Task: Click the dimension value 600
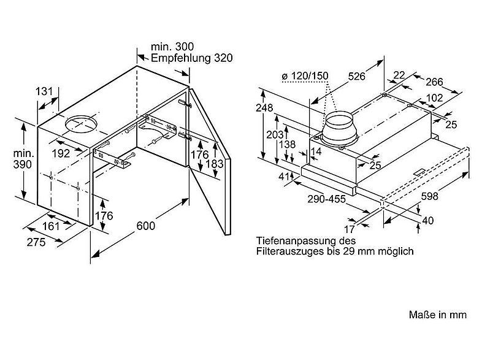(146, 226)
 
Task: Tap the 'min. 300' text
(172, 47)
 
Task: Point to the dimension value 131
(44, 91)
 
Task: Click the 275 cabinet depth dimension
(36, 242)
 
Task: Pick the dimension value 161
(51, 226)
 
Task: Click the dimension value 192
(61, 153)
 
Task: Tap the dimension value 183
(215, 164)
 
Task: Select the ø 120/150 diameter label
(305, 75)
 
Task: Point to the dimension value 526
(356, 76)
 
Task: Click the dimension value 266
(434, 82)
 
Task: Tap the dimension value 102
(435, 98)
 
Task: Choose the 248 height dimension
(264, 107)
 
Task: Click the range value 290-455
(327, 199)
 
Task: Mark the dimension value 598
(429, 196)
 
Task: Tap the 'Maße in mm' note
(438, 315)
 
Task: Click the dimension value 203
(275, 134)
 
